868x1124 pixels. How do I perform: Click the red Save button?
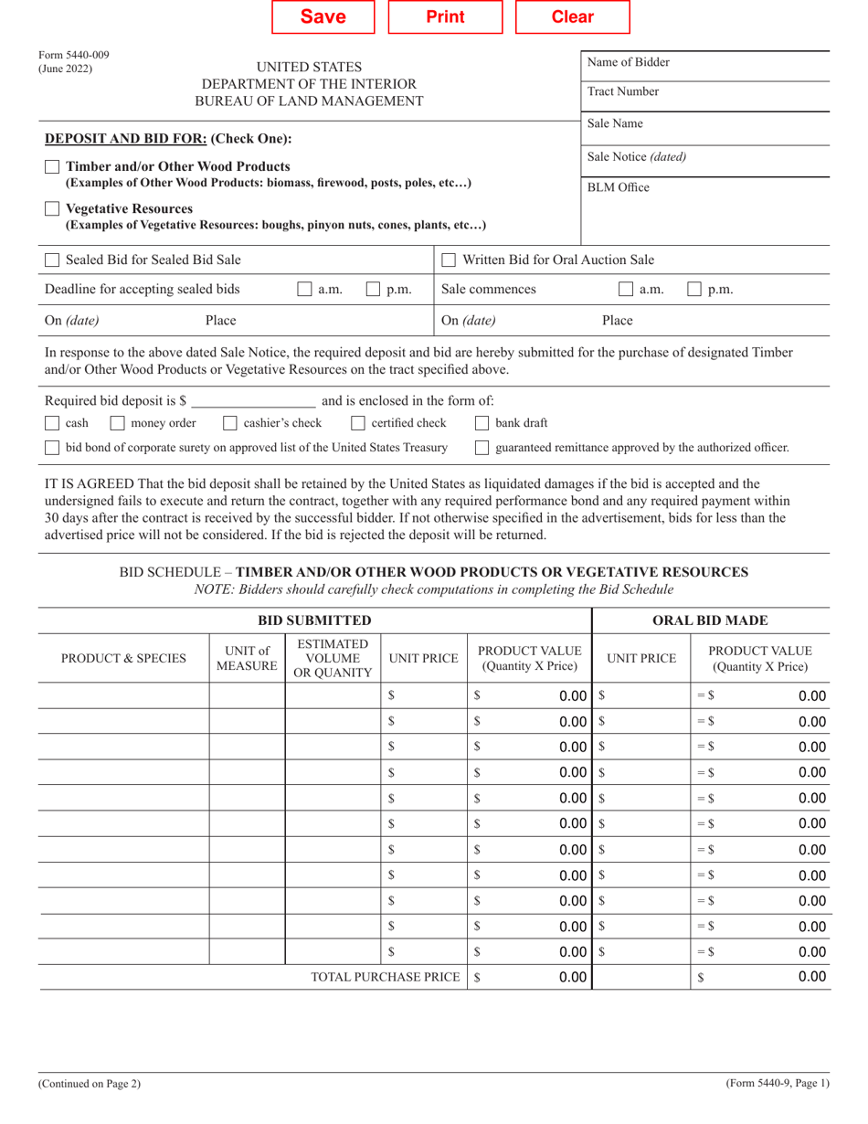tap(323, 17)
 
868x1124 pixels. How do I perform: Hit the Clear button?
tap(573, 17)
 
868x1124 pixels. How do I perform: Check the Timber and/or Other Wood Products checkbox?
tap(53, 167)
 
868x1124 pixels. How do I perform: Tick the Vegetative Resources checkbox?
tap(53, 209)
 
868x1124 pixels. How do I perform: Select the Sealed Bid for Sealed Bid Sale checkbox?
tap(53, 260)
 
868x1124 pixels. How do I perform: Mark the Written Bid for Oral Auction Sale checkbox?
tap(449, 260)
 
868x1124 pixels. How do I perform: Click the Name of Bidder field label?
tap(628, 63)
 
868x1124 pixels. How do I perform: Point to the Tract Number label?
tap(622, 92)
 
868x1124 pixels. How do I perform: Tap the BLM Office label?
tap(619, 186)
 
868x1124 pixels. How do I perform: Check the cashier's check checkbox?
tap(230, 423)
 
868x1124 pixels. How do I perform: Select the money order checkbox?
tap(117, 423)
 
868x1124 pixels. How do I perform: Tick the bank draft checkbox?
tap(482, 423)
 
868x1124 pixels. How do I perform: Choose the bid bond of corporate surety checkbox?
tap(53, 448)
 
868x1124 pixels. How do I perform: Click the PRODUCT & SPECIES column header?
tap(123, 658)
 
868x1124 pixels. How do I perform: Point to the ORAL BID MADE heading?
tap(712, 621)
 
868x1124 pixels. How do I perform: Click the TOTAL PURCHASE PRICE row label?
tap(385, 978)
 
